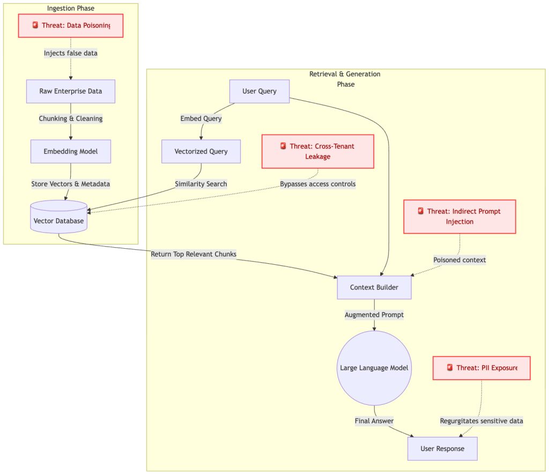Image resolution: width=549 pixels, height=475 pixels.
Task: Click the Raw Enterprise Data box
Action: point(71,91)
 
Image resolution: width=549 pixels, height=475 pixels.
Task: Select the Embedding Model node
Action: point(71,151)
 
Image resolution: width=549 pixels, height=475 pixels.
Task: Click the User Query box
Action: point(259,91)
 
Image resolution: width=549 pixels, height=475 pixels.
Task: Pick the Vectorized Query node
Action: point(201,151)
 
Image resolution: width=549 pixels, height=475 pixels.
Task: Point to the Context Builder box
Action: point(374,287)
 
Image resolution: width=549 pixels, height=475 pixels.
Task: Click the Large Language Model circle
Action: point(374,368)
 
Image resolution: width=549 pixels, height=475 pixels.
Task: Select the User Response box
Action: point(442,448)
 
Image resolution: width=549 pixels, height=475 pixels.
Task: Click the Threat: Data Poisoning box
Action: point(71,25)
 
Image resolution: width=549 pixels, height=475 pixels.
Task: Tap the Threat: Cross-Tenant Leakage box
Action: point(317,151)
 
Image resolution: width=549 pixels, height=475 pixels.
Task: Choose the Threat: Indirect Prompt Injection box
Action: point(459,217)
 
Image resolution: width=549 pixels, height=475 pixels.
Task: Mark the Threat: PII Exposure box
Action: point(481,368)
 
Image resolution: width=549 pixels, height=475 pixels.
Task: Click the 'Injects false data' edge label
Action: point(71,53)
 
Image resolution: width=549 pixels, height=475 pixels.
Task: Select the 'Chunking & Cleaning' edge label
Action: point(71,118)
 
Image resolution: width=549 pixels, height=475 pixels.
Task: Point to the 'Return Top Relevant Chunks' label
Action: point(194,254)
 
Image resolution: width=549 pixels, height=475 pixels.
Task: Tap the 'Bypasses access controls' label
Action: point(317,184)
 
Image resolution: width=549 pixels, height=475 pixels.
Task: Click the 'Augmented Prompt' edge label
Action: point(374,315)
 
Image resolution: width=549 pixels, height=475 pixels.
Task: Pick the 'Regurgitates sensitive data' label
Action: point(481,421)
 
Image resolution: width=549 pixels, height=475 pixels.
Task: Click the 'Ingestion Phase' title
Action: point(71,8)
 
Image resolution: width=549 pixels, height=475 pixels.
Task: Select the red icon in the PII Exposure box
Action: point(450,367)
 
